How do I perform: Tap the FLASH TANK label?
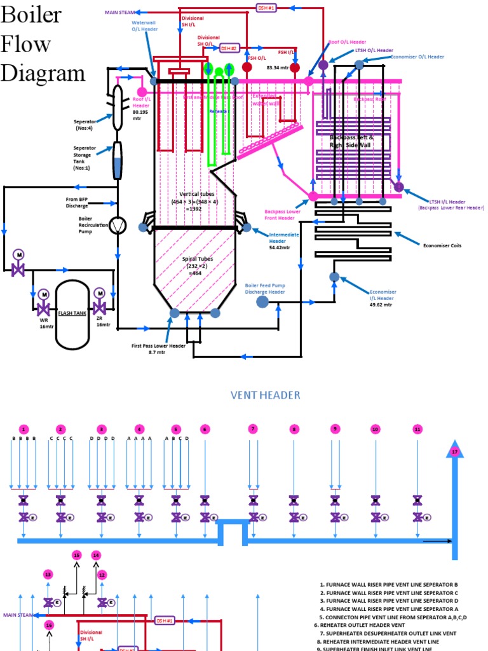(72, 313)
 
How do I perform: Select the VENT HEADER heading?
(265, 395)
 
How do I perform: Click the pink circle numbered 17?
(454, 451)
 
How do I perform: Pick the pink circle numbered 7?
(253, 429)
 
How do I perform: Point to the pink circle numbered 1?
(24, 429)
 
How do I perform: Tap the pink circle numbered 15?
(77, 555)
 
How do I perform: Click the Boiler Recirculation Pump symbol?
(118, 226)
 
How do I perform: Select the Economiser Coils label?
(444, 244)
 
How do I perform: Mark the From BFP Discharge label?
(81, 202)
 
